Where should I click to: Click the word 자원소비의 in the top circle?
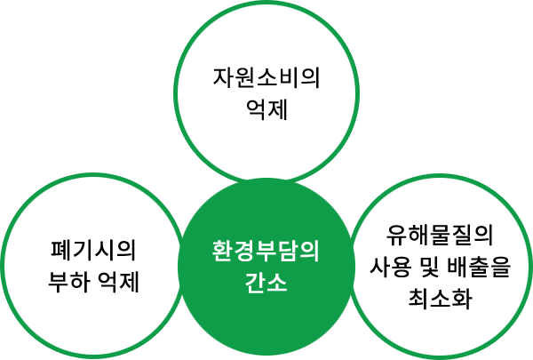click(266, 78)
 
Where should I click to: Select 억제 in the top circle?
click(266, 109)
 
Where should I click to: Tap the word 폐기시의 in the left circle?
click(93, 251)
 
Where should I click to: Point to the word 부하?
click(69, 282)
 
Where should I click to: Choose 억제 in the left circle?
click(119, 282)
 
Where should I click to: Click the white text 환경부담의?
click(266, 252)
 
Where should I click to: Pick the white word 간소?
click(266, 283)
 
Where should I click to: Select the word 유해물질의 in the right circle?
click(440, 236)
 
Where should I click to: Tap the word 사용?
click(390, 266)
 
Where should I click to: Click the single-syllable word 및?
click(429, 267)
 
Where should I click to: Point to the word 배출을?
click(479, 267)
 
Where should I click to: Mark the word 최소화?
click(441, 298)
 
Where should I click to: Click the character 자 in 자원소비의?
click(223, 78)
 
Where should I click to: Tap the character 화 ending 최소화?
click(462, 298)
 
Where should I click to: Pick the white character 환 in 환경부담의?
click(222, 252)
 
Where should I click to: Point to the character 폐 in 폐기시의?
click(60, 251)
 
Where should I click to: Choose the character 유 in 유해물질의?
click(397, 236)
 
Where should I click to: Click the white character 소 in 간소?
click(277, 283)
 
